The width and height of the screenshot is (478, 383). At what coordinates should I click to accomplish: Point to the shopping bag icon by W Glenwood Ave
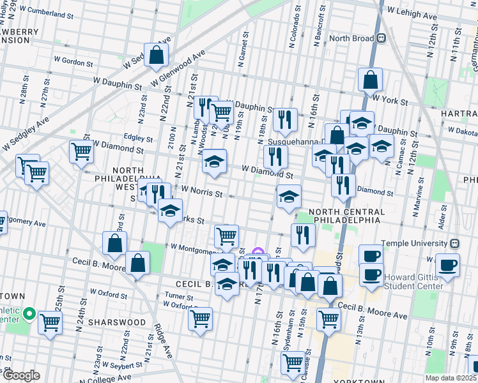coord(156,56)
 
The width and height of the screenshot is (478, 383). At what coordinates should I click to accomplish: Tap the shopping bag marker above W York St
coord(370,80)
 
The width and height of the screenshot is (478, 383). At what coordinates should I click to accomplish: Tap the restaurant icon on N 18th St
coord(283,119)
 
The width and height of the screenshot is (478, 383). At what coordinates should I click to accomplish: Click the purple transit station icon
coord(258,253)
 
